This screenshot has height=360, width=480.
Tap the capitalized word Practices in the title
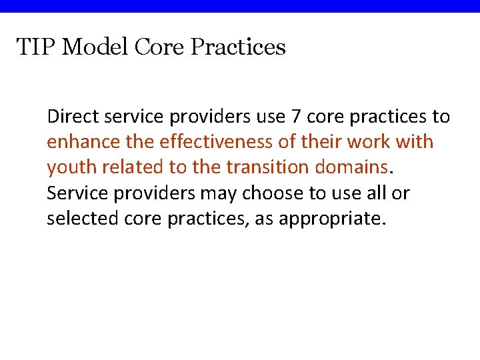pos(238,47)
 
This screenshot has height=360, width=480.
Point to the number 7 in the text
pos(297,117)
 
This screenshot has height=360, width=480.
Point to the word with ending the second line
pos(415,142)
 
